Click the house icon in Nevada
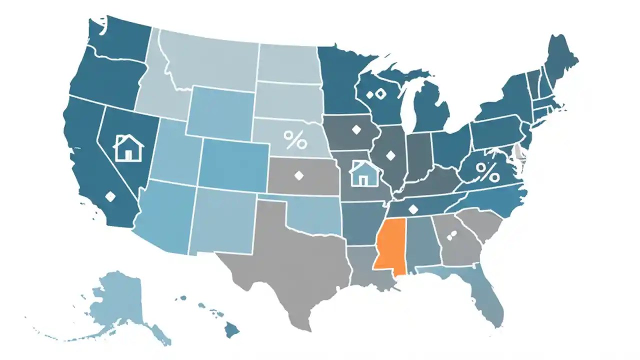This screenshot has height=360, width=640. click(128, 147)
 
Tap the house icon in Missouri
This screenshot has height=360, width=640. click(363, 173)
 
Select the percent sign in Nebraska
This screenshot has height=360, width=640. click(295, 140)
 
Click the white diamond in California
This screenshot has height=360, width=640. click(110, 197)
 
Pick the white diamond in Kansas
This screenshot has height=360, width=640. click(299, 175)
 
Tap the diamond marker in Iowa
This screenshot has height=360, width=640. click(356, 129)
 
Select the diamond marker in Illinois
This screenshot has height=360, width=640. click(390, 156)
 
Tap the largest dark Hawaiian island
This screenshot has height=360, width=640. click(231, 329)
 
